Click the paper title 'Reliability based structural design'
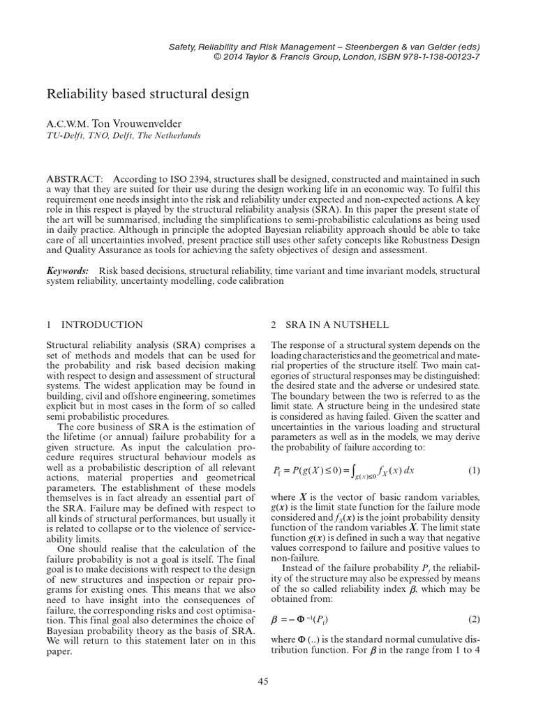coord(147,92)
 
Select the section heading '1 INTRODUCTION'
coord(95,324)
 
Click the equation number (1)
coord(474,470)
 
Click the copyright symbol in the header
coord(218,57)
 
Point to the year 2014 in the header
coord(234,57)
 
